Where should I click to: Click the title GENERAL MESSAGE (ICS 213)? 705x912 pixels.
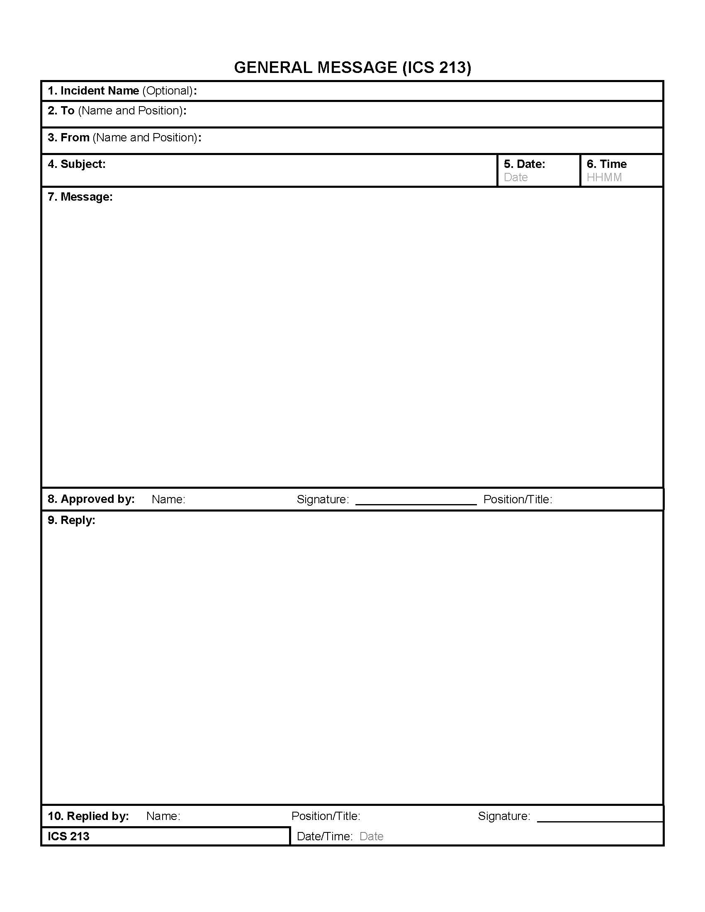(x=352, y=68)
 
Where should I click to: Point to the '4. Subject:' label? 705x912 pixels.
(x=76, y=164)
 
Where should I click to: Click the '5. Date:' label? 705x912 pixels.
(x=524, y=164)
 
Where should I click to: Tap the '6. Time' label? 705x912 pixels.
(x=606, y=164)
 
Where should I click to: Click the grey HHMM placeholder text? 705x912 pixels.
(x=604, y=177)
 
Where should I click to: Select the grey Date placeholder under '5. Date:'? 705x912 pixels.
(x=515, y=177)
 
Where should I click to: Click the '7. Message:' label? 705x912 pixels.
(x=80, y=196)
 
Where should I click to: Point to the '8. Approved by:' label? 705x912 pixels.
(x=91, y=499)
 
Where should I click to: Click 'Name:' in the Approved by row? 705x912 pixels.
(x=168, y=500)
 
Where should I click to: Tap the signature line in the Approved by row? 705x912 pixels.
(x=416, y=504)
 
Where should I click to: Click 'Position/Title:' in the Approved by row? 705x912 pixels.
(x=518, y=500)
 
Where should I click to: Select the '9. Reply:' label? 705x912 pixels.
(x=71, y=520)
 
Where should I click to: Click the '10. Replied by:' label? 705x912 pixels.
(x=88, y=816)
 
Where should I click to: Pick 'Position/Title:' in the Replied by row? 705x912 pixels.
(x=326, y=816)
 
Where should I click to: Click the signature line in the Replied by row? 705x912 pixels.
(x=599, y=820)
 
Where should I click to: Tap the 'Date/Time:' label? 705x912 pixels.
(x=325, y=837)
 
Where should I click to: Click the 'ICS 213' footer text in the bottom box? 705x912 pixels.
(x=68, y=837)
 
